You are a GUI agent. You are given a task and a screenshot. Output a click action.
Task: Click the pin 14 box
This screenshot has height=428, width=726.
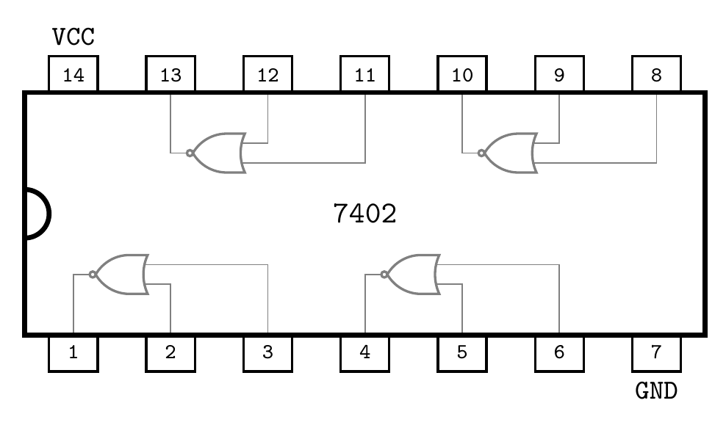(73, 75)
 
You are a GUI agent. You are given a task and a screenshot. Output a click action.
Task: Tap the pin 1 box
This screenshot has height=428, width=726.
(73, 352)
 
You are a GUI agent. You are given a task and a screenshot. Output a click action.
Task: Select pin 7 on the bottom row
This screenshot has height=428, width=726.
(656, 352)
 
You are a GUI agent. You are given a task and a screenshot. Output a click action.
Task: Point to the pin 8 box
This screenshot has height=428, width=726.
(656, 75)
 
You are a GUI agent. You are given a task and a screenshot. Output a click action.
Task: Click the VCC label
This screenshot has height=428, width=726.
(73, 36)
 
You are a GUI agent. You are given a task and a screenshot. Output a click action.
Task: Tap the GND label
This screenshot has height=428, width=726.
(656, 391)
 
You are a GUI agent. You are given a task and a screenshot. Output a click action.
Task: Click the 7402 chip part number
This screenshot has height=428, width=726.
(364, 214)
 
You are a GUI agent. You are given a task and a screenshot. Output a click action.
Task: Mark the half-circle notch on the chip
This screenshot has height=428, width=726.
(37, 214)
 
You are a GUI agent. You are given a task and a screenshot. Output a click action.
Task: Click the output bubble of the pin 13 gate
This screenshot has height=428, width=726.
(190, 153)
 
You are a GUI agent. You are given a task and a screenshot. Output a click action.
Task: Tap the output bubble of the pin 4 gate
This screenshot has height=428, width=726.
(384, 275)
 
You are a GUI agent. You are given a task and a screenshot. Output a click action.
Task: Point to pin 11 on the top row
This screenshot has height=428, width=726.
(364, 75)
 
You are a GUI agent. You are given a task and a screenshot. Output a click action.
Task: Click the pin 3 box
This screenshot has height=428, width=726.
(267, 352)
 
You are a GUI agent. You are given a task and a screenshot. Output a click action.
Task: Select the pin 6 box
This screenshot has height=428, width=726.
(559, 352)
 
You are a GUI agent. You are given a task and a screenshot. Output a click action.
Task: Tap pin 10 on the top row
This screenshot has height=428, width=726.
(462, 75)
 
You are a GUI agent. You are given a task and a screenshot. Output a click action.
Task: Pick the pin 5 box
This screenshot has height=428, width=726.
(462, 352)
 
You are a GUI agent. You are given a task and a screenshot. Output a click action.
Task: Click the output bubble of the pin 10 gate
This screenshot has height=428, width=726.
(481, 153)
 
